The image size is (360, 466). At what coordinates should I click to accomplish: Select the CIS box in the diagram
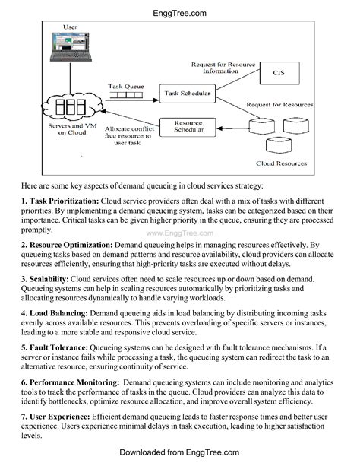point(278,73)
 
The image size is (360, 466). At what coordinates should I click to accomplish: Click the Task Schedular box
point(186,94)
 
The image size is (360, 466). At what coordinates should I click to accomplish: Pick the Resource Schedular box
point(188,126)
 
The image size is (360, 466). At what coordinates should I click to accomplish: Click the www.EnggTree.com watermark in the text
point(179,234)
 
